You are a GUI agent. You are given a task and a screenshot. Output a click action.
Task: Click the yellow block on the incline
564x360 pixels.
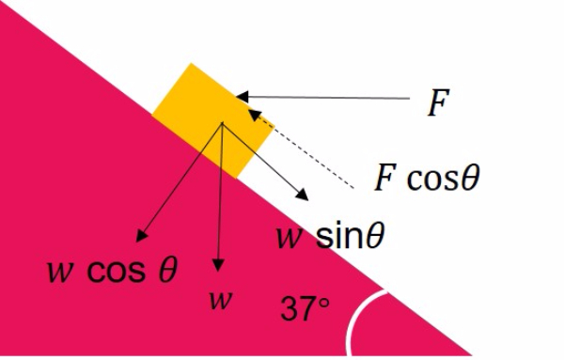point(213,121)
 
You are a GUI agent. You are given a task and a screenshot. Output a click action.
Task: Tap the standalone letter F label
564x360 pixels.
point(438,102)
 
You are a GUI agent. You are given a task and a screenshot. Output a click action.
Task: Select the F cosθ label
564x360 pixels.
point(427,177)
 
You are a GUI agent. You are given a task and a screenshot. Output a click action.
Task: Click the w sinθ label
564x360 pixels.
point(331,236)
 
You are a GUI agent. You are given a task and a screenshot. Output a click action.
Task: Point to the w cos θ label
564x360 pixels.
point(112,270)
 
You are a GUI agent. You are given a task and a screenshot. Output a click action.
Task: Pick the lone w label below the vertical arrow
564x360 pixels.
point(221,300)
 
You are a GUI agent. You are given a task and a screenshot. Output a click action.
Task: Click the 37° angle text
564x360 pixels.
point(305,308)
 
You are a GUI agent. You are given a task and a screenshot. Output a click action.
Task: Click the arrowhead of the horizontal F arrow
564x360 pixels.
point(243,97)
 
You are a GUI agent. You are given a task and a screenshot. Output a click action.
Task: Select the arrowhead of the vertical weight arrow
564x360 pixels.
point(218,265)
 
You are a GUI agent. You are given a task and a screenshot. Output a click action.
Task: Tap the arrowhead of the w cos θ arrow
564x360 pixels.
point(141,236)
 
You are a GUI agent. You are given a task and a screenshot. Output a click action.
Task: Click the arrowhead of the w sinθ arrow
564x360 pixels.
point(303,195)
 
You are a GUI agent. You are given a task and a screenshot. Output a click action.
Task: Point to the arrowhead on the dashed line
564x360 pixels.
point(255,115)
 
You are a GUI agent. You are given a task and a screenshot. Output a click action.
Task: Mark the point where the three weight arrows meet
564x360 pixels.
point(222,123)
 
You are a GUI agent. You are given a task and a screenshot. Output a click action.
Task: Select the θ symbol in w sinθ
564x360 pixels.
point(376,236)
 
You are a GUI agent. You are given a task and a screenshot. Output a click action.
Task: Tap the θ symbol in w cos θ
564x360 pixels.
point(168,270)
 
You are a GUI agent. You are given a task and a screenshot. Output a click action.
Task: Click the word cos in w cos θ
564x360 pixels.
point(117,272)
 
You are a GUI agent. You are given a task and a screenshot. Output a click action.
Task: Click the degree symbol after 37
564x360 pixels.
point(323,303)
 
